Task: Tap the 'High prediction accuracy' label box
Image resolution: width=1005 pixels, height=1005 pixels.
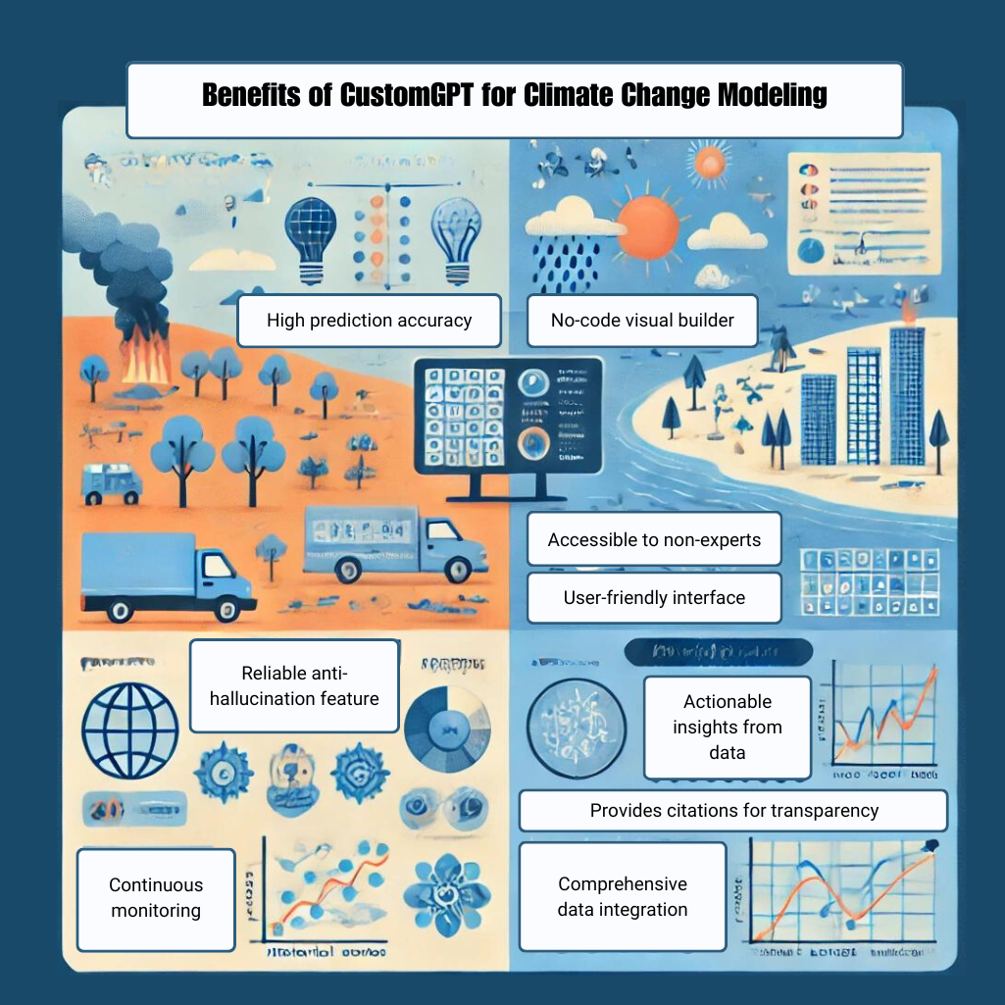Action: [369, 320]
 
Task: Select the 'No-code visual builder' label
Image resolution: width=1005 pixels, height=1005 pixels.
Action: [642, 320]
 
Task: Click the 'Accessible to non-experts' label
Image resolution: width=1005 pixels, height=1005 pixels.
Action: [654, 539]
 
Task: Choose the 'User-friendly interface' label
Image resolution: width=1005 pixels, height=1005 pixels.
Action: [654, 597]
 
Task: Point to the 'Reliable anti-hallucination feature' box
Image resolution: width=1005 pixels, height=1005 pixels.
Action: [294, 685]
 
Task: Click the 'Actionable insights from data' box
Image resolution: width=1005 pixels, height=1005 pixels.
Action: [727, 727]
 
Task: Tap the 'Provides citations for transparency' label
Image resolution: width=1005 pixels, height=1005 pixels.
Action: [733, 811]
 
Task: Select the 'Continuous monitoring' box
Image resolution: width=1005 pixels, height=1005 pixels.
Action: [156, 897]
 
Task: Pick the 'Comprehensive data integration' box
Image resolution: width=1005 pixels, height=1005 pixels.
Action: [623, 896]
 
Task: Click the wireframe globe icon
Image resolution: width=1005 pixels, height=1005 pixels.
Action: [130, 727]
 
